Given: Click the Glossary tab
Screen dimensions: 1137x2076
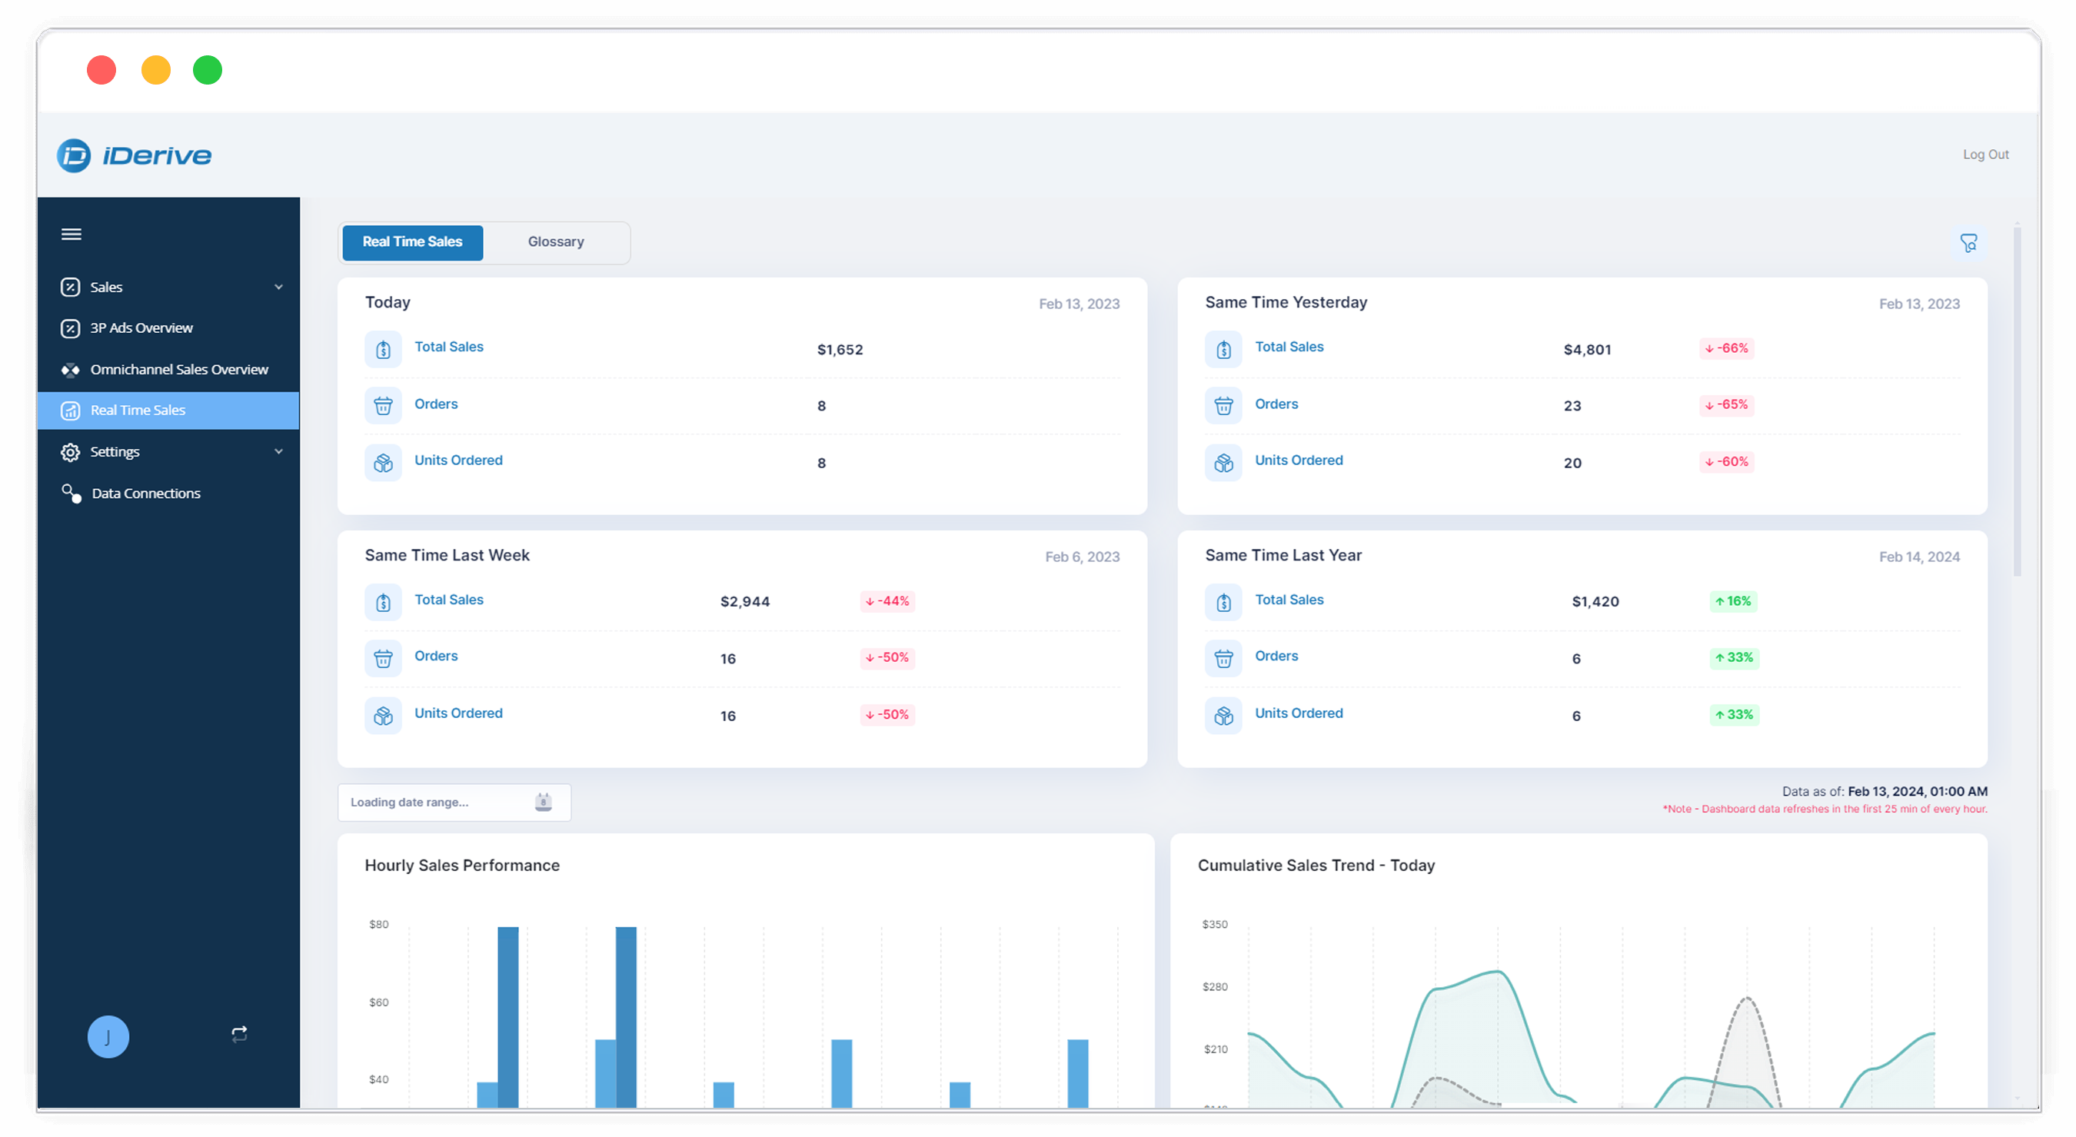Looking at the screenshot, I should click(555, 241).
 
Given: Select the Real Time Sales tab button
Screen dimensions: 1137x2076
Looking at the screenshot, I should click(412, 241).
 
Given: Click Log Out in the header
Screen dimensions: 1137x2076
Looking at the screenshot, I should click(1985, 155).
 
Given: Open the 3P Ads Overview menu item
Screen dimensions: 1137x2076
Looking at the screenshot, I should click(141, 328).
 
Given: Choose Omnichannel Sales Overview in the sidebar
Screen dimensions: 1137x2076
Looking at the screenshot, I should click(179, 369).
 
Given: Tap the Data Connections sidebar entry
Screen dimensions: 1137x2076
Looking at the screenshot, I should click(145, 493).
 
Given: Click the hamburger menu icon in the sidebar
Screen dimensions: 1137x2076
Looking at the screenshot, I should click(71, 234).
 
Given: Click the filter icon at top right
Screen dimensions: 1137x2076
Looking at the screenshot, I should click(1968, 243).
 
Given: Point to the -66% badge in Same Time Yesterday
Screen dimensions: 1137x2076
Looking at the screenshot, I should click(1726, 348).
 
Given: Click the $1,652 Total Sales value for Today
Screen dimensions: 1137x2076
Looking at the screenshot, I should click(840, 350).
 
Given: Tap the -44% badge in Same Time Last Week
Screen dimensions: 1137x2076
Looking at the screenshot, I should click(887, 601).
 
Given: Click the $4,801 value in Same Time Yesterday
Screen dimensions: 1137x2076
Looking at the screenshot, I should click(1587, 350).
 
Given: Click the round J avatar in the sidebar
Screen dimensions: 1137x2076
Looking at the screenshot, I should click(108, 1036).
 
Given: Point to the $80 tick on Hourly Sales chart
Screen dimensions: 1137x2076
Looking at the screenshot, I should click(379, 924).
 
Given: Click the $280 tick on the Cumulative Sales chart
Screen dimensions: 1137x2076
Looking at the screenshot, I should click(1215, 986).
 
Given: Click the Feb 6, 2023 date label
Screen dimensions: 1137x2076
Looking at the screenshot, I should click(1082, 557).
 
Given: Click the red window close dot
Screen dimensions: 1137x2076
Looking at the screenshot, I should click(101, 70).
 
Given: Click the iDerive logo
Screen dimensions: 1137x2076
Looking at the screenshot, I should click(135, 155).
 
